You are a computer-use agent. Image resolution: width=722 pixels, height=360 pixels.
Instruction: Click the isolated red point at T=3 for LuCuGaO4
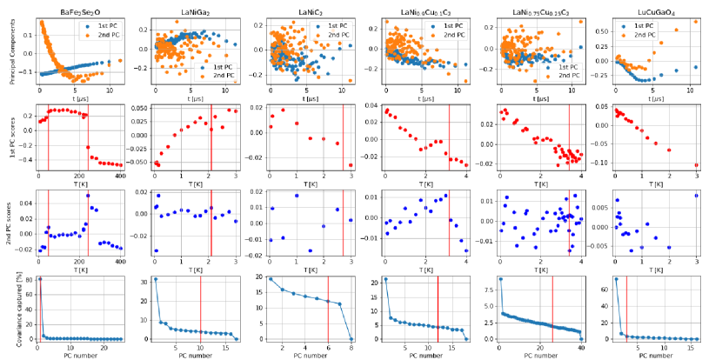697,165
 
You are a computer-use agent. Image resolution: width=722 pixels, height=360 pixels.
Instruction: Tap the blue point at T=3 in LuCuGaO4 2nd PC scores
697,195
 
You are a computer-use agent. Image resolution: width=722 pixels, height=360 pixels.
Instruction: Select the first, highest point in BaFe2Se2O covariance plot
39,278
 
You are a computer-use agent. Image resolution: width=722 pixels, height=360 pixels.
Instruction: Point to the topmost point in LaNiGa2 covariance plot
155,279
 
